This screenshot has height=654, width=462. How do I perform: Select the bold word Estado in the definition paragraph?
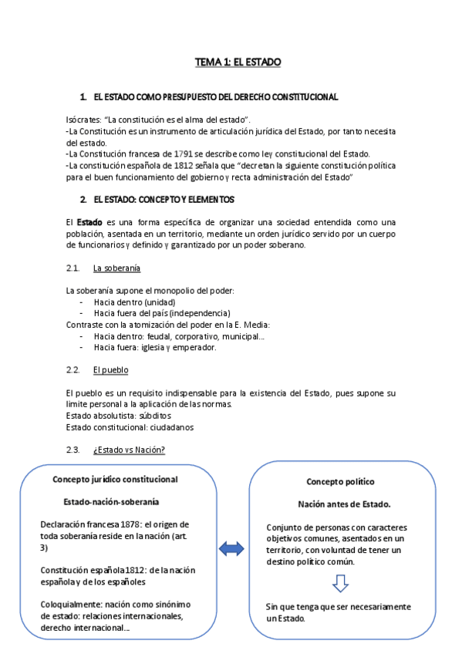91,222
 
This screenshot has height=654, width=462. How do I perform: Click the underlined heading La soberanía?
116,268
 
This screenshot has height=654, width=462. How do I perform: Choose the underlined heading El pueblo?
110,370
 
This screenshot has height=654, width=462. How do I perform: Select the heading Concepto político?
340,481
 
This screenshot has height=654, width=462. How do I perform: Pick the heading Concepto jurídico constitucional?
115,479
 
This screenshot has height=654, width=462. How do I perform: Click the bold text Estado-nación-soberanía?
111,501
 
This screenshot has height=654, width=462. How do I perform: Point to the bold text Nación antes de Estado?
340,504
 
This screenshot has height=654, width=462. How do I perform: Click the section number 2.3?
74,450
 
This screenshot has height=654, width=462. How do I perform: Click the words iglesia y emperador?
182,347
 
